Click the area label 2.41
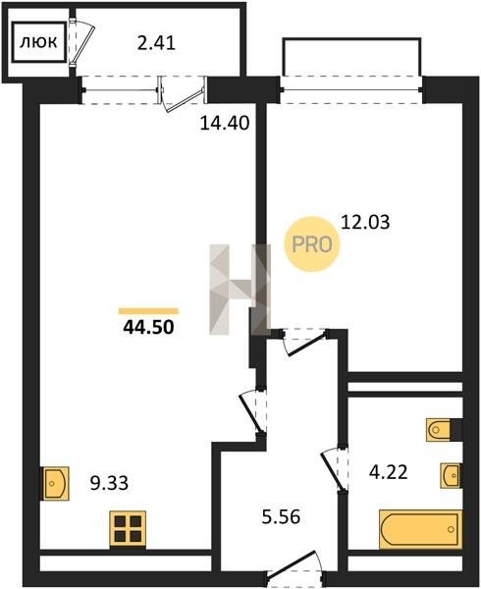click(x=156, y=43)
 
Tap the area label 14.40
click(x=225, y=123)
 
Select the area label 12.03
click(x=365, y=222)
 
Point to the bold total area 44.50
click(x=148, y=327)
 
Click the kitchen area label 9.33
click(x=109, y=483)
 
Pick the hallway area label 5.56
click(x=282, y=517)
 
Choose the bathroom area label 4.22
click(x=389, y=472)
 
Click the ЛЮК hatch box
click(x=39, y=42)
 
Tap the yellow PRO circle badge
click(x=312, y=244)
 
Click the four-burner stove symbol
click(x=128, y=529)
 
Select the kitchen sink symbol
click(x=56, y=483)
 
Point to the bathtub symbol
click(x=420, y=530)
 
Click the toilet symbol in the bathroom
click(x=439, y=430)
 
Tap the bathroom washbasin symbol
click(x=451, y=475)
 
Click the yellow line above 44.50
click(x=148, y=310)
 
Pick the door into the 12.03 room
click(x=305, y=342)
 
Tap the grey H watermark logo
click(x=240, y=290)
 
